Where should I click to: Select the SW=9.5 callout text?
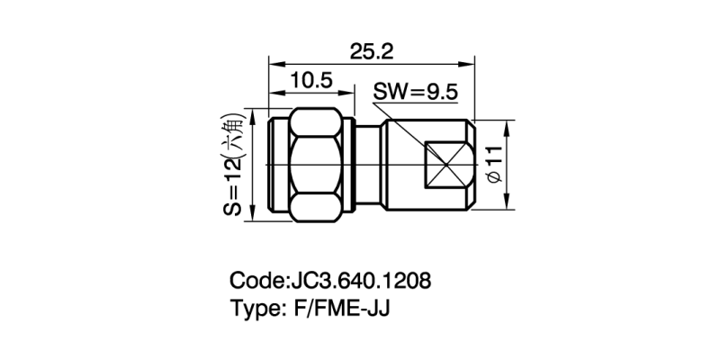tap(417, 92)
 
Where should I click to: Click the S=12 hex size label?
tap(232, 186)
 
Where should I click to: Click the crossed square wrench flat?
tap(445, 166)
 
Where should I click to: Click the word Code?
tap(256, 280)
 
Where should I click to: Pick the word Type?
tap(255, 309)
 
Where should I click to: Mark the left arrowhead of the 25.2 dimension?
tap(274, 63)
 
